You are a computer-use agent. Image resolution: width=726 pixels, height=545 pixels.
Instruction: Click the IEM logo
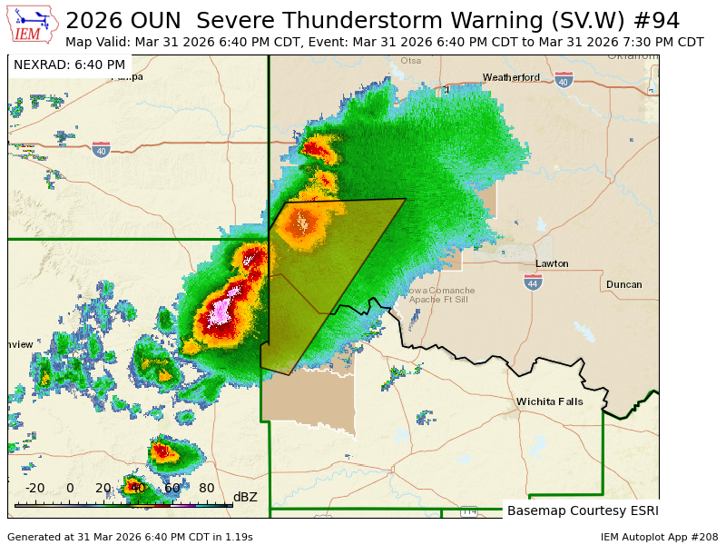pyautogui.click(x=34, y=25)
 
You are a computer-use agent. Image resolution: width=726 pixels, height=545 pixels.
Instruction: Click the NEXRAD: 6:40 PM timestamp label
pyautogui.click(x=70, y=64)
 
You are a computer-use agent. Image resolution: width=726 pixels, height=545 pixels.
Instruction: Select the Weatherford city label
pyautogui.click(x=511, y=77)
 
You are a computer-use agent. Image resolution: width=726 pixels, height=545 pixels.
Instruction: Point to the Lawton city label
pyautogui.click(x=552, y=263)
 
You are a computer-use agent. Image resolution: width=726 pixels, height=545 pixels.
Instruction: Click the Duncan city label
pyautogui.click(x=623, y=284)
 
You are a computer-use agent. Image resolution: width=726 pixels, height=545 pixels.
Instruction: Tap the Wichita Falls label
pyautogui.click(x=550, y=401)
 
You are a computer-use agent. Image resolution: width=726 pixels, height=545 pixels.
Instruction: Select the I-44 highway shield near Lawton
pyautogui.click(x=533, y=282)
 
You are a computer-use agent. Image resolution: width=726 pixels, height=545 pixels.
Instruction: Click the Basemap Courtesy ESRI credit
pyautogui.click(x=583, y=510)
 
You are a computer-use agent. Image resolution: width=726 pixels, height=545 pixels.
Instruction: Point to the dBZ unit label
pyautogui.click(x=245, y=497)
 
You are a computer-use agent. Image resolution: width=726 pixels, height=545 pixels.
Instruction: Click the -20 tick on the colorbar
pyautogui.click(x=35, y=489)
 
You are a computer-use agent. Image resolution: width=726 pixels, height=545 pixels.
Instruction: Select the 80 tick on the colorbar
pyautogui.click(x=207, y=489)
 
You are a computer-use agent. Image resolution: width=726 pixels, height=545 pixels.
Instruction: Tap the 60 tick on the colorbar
pyautogui.click(x=172, y=489)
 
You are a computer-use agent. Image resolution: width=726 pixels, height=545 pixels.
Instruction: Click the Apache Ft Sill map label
pyautogui.click(x=439, y=299)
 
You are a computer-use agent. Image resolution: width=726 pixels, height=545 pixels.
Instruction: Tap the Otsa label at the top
pyautogui.click(x=411, y=62)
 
